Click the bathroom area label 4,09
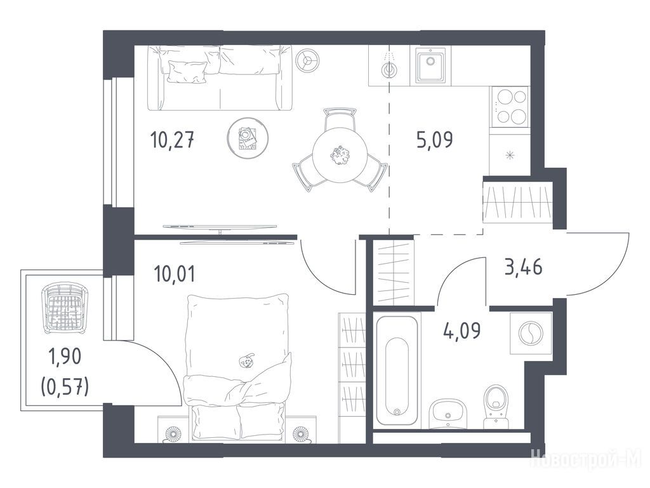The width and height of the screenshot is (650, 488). pyautogui.click(x=461, y=330)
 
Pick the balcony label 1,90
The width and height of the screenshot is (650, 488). pyautogui.click(x=65, y=357)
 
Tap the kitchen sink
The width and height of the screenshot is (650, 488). pyautogui.click(x=431, y=65)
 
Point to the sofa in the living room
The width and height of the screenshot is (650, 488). pyautogui.click(x=220, y=78)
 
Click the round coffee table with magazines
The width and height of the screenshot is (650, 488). pyautogui.click(x=248, y=137)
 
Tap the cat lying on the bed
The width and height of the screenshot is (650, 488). pyautogui.click(x=246, y=362)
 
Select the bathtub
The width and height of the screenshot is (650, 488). pyautogui.click(x=397, y=370)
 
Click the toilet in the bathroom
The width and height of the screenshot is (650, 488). pyautogui.click(x=496, y=407)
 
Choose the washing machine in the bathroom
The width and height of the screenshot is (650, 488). pyautogui.click(x=530, y=333)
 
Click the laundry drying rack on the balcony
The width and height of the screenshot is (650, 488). pyautogui.click(x=65, y=308)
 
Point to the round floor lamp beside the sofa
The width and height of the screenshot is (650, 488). pyautogui.click(x=308, y=60)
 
